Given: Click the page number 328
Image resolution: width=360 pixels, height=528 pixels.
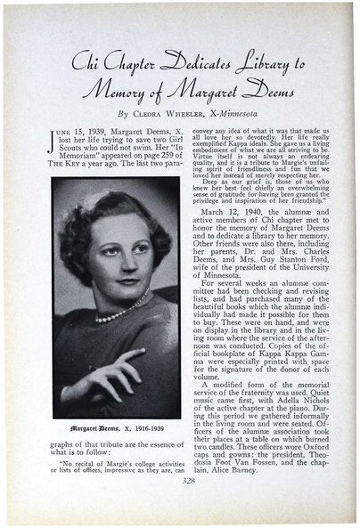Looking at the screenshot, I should coord(181,506).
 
